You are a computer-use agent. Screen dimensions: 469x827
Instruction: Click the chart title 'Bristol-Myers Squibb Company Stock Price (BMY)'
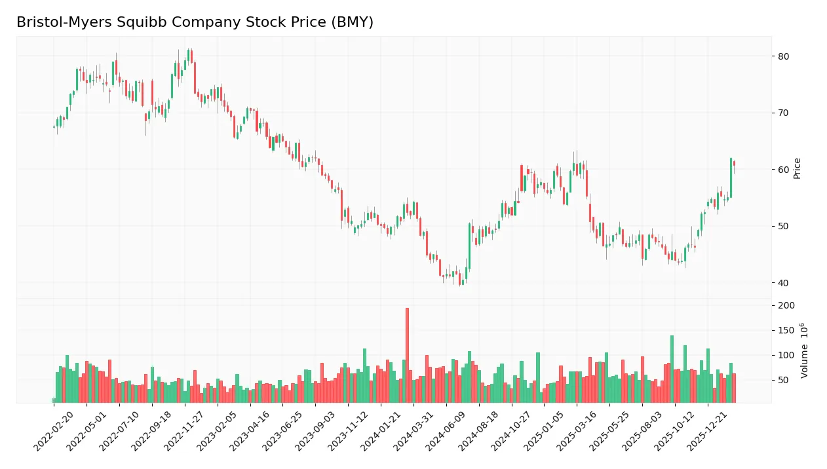(x=195, y=22)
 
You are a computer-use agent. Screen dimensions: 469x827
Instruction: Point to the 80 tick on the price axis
(x=783, y=56)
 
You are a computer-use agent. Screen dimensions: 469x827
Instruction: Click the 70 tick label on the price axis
(x=783, y=113)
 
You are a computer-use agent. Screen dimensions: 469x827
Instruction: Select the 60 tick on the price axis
(x=783, y=170)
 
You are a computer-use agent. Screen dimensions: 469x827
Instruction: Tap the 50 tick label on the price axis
(x=783, y=226)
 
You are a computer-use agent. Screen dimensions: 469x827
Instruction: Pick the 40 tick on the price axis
(x=783, y=283)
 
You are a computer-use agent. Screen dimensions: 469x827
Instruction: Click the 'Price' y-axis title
(x=798, y=168)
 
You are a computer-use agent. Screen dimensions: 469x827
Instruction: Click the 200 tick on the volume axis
(x=786, y=306)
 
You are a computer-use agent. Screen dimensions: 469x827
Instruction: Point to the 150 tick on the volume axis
(x=786, y=331)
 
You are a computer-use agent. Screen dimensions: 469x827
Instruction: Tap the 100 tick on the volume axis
(x=786, y=356)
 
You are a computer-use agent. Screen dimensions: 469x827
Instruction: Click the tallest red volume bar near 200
(x=407, y=355)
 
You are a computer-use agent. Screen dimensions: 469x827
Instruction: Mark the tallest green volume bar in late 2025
(x=672, y=369)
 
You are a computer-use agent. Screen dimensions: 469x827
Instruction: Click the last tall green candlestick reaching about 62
(x=731, y=178)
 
